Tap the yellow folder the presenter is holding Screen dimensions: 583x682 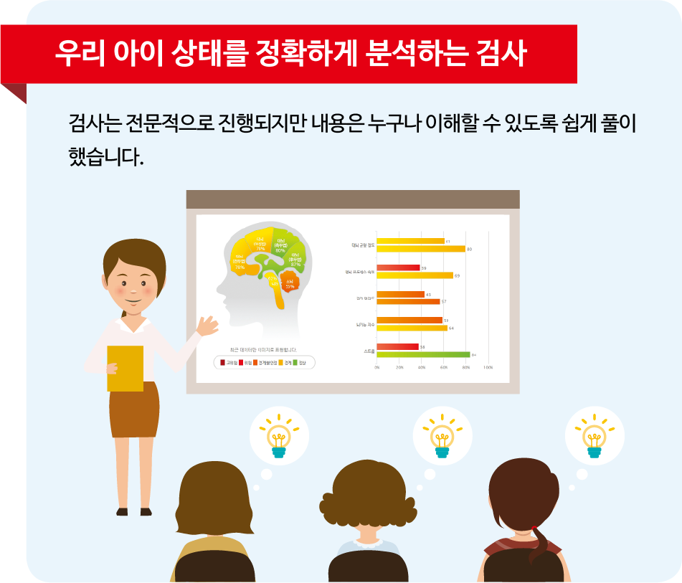(x=125, y=369)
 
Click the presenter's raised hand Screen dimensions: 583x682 (x=209, y=326)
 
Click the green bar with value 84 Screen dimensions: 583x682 (x=423, y=354)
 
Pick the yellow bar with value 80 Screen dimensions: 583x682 (x=421, y=249)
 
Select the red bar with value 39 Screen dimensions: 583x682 (x=398, y=267)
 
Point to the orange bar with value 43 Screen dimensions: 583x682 (x=400, y=294)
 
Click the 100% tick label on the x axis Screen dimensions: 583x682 (x=488, y=367)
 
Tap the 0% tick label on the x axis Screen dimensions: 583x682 (x=377, y=367)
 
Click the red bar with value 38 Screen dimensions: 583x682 (x=397, y=346)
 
